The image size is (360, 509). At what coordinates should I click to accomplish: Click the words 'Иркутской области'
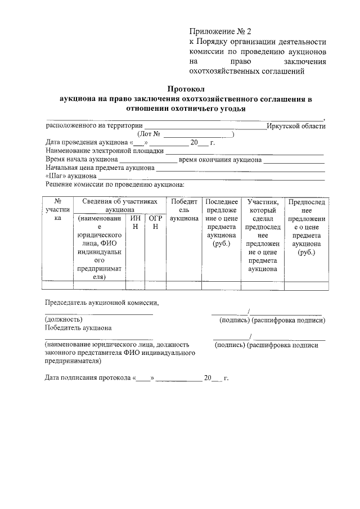(296, 127)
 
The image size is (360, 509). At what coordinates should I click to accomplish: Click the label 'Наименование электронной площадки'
(104, 151)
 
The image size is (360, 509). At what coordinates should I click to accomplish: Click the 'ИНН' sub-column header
(135, 222)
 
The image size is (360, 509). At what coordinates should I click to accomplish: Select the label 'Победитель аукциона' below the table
(78, 327)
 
